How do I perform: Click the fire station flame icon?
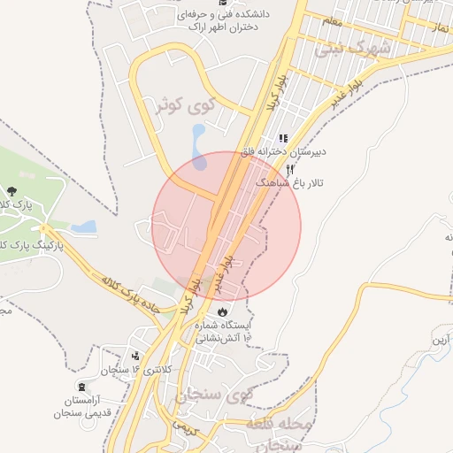(221, 311)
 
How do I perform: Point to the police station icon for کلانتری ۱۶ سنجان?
(135, 357)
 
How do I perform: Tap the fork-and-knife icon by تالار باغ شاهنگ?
(289, 169)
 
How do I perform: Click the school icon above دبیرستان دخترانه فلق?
(283, 138)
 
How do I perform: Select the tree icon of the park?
(11, 191)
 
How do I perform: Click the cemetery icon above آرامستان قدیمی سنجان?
(82, 387)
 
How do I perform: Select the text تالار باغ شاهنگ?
(289, 182)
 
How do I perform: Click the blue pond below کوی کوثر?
(198, 146)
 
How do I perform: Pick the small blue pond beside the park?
(84, 227)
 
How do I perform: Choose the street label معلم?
(332, 19)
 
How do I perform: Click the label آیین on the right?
(441, 340)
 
